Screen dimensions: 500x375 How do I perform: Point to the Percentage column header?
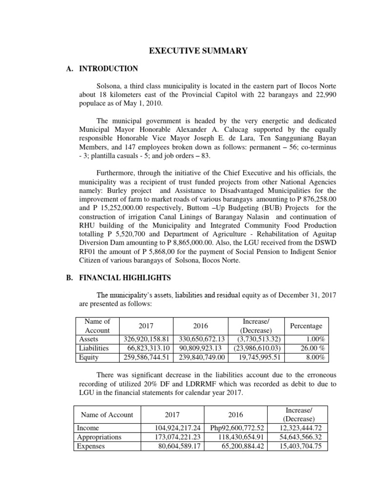pos(306,326)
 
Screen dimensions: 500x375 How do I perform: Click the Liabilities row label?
pos(93,348)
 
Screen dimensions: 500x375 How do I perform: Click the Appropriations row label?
pos(100,437)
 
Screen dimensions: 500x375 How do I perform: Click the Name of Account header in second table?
pos(107,415)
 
